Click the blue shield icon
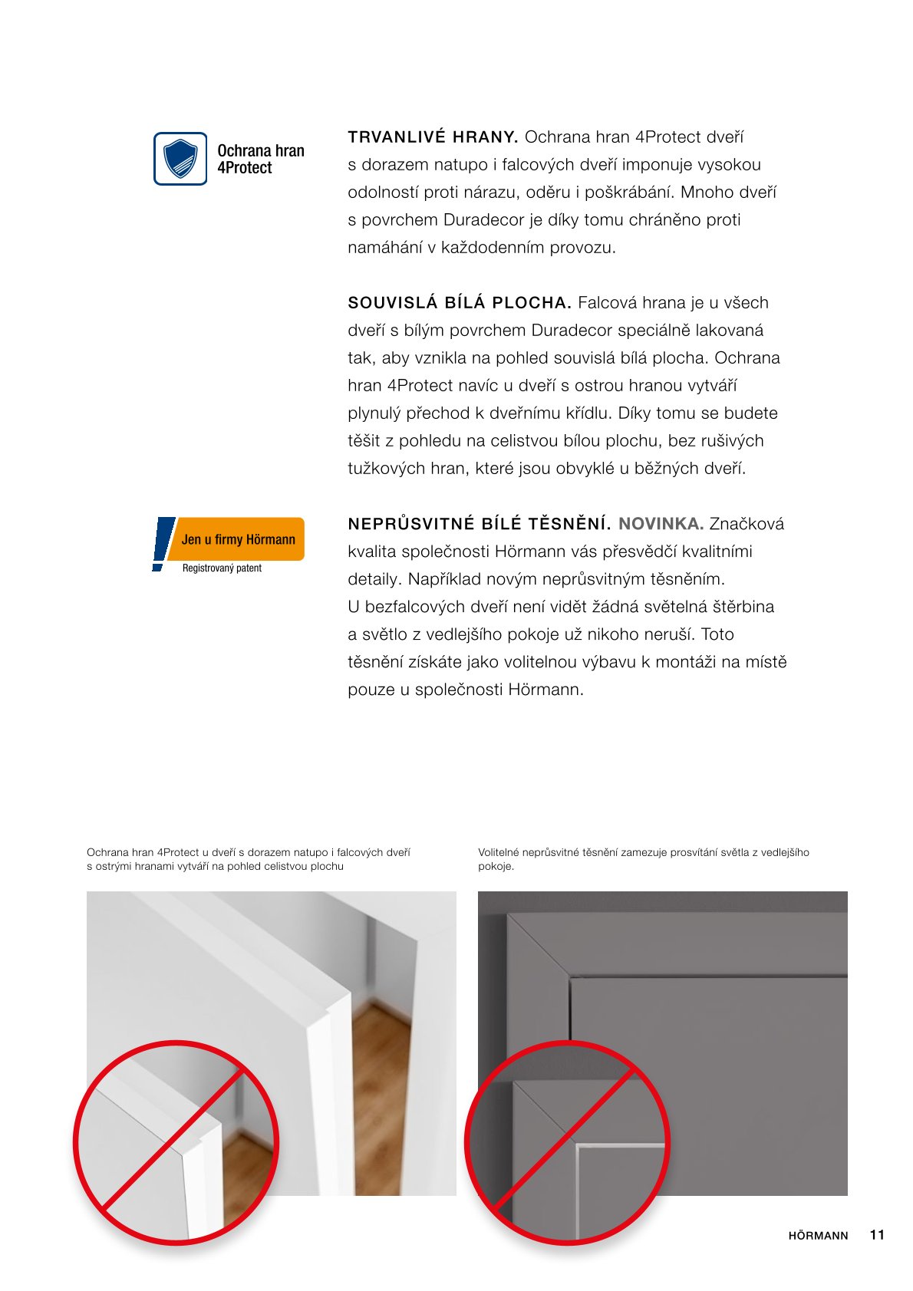pyautogui.click(x=180, y=159)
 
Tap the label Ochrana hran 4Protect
pyautogui.click(x=260, y=160)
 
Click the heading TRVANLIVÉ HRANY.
pyautogui.click(x=433, y=137)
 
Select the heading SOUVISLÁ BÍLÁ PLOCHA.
pyautogui.click(x=460, y=303)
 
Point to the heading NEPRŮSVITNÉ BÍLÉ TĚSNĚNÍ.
pyautogui.click(x=480, y=524)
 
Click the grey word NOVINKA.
pyautogui.click(x=661, y=524)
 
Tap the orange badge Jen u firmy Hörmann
pyautogui.click(x=238, y=539)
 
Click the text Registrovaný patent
pyautogui.click(x=222, y=568)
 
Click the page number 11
pyautogui.click(x=877, y=1235)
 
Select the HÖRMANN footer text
pyautogui.click(x=818, y=1236)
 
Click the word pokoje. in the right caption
pyautogui.click(x=496, y=867)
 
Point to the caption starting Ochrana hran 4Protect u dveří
pyautogui.click(x=249, y=859)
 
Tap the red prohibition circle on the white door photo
pyautogui.click(x=176, y=1141)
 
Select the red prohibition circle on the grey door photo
pyautogui.click(x=567, y=1141)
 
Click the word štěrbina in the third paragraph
pyautogui.click(x=743, y=607)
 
